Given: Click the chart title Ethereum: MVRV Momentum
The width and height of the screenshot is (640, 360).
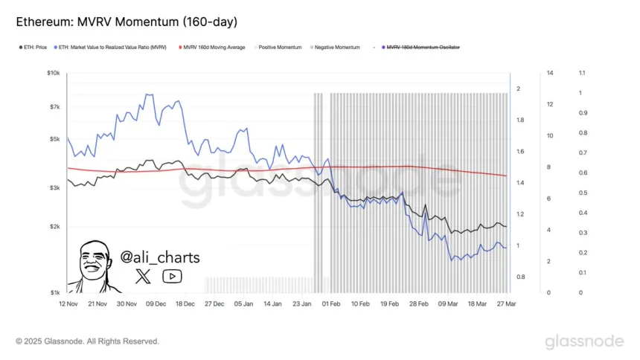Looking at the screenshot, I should [x=127, y=22].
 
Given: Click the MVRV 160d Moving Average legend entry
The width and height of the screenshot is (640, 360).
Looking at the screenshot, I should [x=214, y=47].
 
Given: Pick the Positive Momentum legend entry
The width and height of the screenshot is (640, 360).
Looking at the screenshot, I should [x=280, y=47].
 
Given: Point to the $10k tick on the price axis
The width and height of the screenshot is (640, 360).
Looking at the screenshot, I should [x=53, y=73].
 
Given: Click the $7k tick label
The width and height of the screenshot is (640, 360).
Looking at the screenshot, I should [x=54, y=107].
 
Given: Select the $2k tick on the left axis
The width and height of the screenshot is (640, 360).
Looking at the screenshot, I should [x=54, y=226].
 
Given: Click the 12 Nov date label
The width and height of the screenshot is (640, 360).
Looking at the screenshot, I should [x=69, y=304].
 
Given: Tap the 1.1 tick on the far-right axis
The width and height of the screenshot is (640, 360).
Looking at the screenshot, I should [x=582, y=73].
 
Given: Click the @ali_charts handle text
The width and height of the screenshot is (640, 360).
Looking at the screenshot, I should [x=160, y=257].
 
